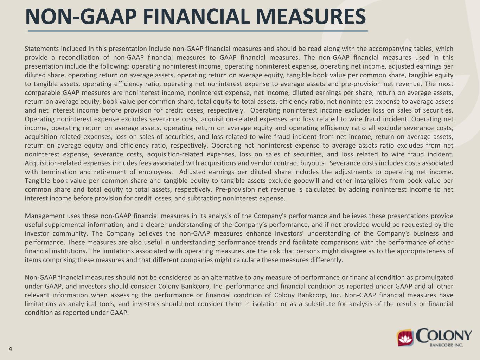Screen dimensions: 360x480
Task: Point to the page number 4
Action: point(11,349)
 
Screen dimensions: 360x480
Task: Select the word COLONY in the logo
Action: point(444,336)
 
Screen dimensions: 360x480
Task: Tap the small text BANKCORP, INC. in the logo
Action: point(446,345)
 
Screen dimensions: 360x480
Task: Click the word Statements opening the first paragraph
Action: point(41,49)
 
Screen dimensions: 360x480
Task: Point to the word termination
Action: point(58,172)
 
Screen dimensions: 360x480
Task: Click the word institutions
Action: point(67,251)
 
